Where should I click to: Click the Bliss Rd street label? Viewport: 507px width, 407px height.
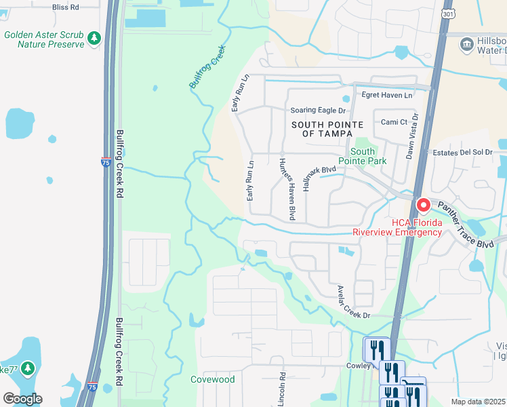tap(65, 7)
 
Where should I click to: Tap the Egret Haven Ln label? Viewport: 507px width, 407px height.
tap(386, 96)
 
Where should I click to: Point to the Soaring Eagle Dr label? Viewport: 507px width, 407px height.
tap(318, 111)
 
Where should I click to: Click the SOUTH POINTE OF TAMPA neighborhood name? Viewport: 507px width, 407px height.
tap(327, 129)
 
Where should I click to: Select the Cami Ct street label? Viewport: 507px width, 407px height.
tap(393, 122)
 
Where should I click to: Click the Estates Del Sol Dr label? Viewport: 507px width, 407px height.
tap(464, 153)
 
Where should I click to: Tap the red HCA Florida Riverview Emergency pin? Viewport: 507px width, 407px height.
tap(424, 204)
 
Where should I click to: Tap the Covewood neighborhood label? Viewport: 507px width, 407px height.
tap(212, 379)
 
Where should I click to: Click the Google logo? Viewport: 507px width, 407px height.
tap(22, 399)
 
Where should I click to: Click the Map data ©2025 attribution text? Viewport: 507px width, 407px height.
tap(478, 402)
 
